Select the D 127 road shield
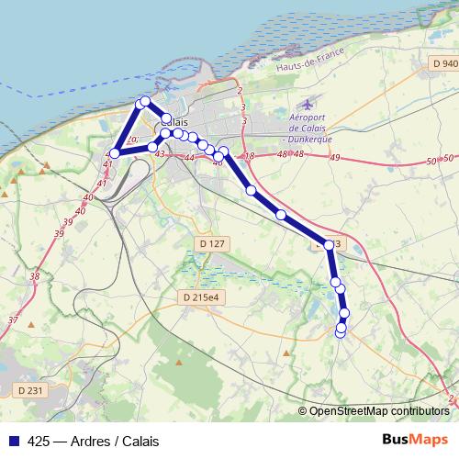(x=211, y=243)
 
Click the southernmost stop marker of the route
(x=341, y=332)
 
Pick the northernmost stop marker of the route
(x=144, y=102)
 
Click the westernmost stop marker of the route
(x=115, y=153)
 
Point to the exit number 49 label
(x=335, y=159)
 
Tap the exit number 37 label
(x=13, y=319)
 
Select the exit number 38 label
(x=34, y=276)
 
